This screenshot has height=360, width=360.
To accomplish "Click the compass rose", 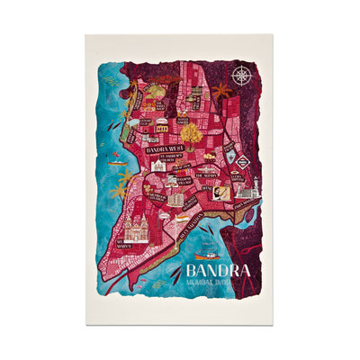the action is [x=239, y=76].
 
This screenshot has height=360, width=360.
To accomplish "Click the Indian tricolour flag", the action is [x=183, y=218].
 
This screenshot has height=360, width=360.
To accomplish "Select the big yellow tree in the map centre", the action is [x=191, y=132].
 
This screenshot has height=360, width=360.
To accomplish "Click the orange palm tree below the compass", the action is [x=221, y=91].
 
